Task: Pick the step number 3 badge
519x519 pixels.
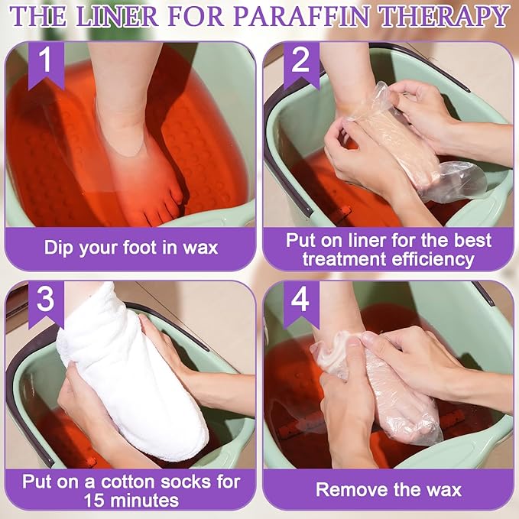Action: (x=45, y=300)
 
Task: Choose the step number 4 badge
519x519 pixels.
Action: (x=300, y=300)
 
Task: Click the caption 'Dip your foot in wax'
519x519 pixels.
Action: (x=131, y=247)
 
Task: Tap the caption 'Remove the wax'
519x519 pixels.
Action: (x=388, y=488)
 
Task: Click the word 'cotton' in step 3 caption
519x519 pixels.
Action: (x=141, y=482)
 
